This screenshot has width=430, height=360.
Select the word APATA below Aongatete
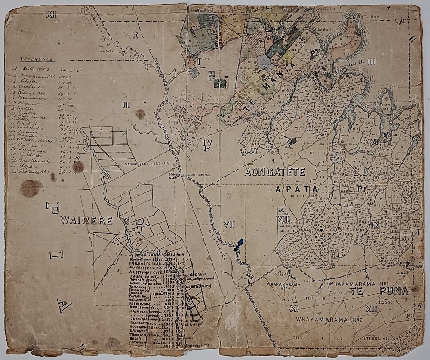(x=296, y=189)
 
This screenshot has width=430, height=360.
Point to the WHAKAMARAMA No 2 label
(x=320, y=320)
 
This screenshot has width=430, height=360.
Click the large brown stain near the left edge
(x=31, y=188)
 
